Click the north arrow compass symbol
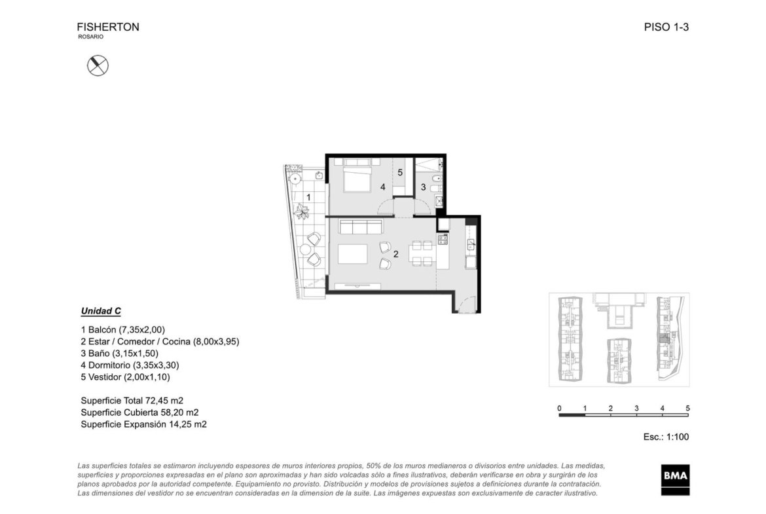point(98,65)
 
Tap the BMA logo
point(676,479)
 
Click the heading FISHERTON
point(108,27)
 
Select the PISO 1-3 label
point(666,27)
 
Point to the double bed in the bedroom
point(357,176)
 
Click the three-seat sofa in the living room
point(361,227)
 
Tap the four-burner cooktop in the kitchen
point(443,240)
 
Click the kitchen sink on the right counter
point(471,244)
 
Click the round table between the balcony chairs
point(305,249)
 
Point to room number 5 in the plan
point(400,172)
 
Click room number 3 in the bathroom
point(424,187)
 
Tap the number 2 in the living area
point(395,254)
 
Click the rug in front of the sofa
point(352,254)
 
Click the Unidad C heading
point(101,311)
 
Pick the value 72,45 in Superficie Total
point(156,401)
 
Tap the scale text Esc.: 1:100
point(666,437)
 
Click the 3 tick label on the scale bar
point(636,409)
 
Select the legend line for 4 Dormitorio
point(130,365)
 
